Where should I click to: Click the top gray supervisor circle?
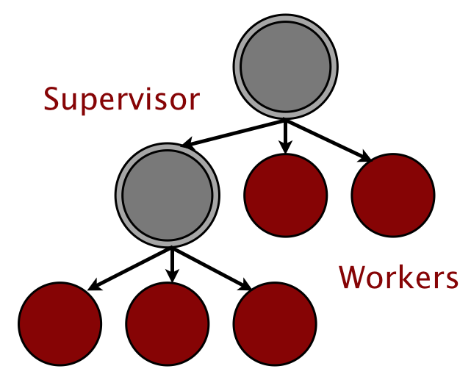pyautogui.click(x=286, y=70)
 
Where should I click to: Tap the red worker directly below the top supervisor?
pyautogui.click(x=286, y=195)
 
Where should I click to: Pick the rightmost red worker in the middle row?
pyautogui.click(x=393, y=195)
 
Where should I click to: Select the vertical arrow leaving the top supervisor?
pyautogui.click(x=287, y=137)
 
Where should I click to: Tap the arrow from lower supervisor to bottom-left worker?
pyautogui.click(x=129, y=268)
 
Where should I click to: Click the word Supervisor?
pyautogui.click(x=121, y=99)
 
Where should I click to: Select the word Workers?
pyautogui.click(x=398, y=277)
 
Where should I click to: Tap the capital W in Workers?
pyautogui.click(x=351, y=277)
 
